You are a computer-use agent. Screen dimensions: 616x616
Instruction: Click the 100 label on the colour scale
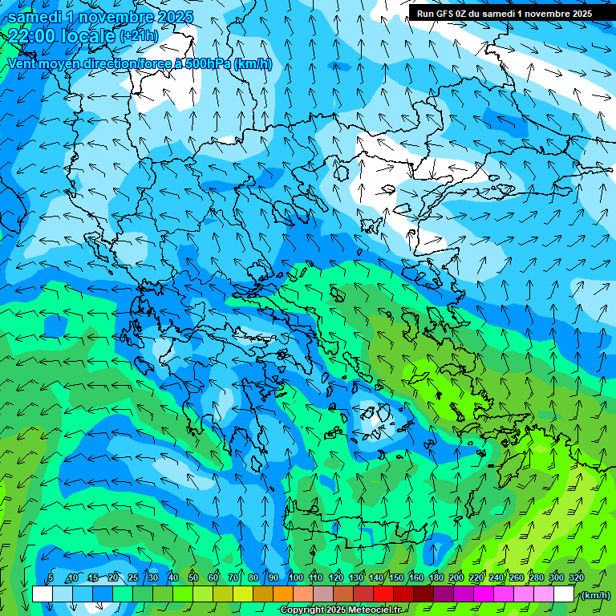click(x=296, y=577)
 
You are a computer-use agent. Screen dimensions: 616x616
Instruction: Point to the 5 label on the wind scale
click(x=51, y=577)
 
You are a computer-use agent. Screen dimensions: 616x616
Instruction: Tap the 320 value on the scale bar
click(x=577, y=577)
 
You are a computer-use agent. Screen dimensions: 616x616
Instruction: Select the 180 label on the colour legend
click(x=436, y=577)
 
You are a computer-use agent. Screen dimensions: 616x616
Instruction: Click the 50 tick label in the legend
click(x=193, y=577)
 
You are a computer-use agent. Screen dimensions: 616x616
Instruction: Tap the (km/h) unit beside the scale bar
click(x=595, y=595)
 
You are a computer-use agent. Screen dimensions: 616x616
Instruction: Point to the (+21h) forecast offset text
click(x=139, y=36)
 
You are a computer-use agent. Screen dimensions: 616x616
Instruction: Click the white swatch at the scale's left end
click(x=43, y=594)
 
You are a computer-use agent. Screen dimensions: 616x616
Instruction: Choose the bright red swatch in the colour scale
click(x=383, y=594)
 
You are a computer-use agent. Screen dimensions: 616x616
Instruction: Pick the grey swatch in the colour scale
click(x=323, y=594)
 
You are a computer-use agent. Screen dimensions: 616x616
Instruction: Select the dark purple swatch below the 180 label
click(x=444, y=594)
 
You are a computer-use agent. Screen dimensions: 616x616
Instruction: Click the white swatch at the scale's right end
click(x=564, y=594)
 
